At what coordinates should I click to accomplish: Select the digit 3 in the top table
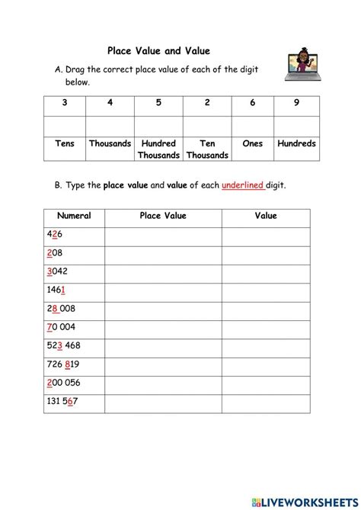coord(64,104)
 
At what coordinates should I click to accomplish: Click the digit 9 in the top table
coord(296,104)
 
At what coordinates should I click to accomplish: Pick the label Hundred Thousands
coord(158,149)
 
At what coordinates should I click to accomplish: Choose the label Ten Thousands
coord(206,149)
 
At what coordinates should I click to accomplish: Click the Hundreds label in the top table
coord(296,143)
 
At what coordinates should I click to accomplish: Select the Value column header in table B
coord(266,216)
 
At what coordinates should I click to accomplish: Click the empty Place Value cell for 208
coord(163,253)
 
